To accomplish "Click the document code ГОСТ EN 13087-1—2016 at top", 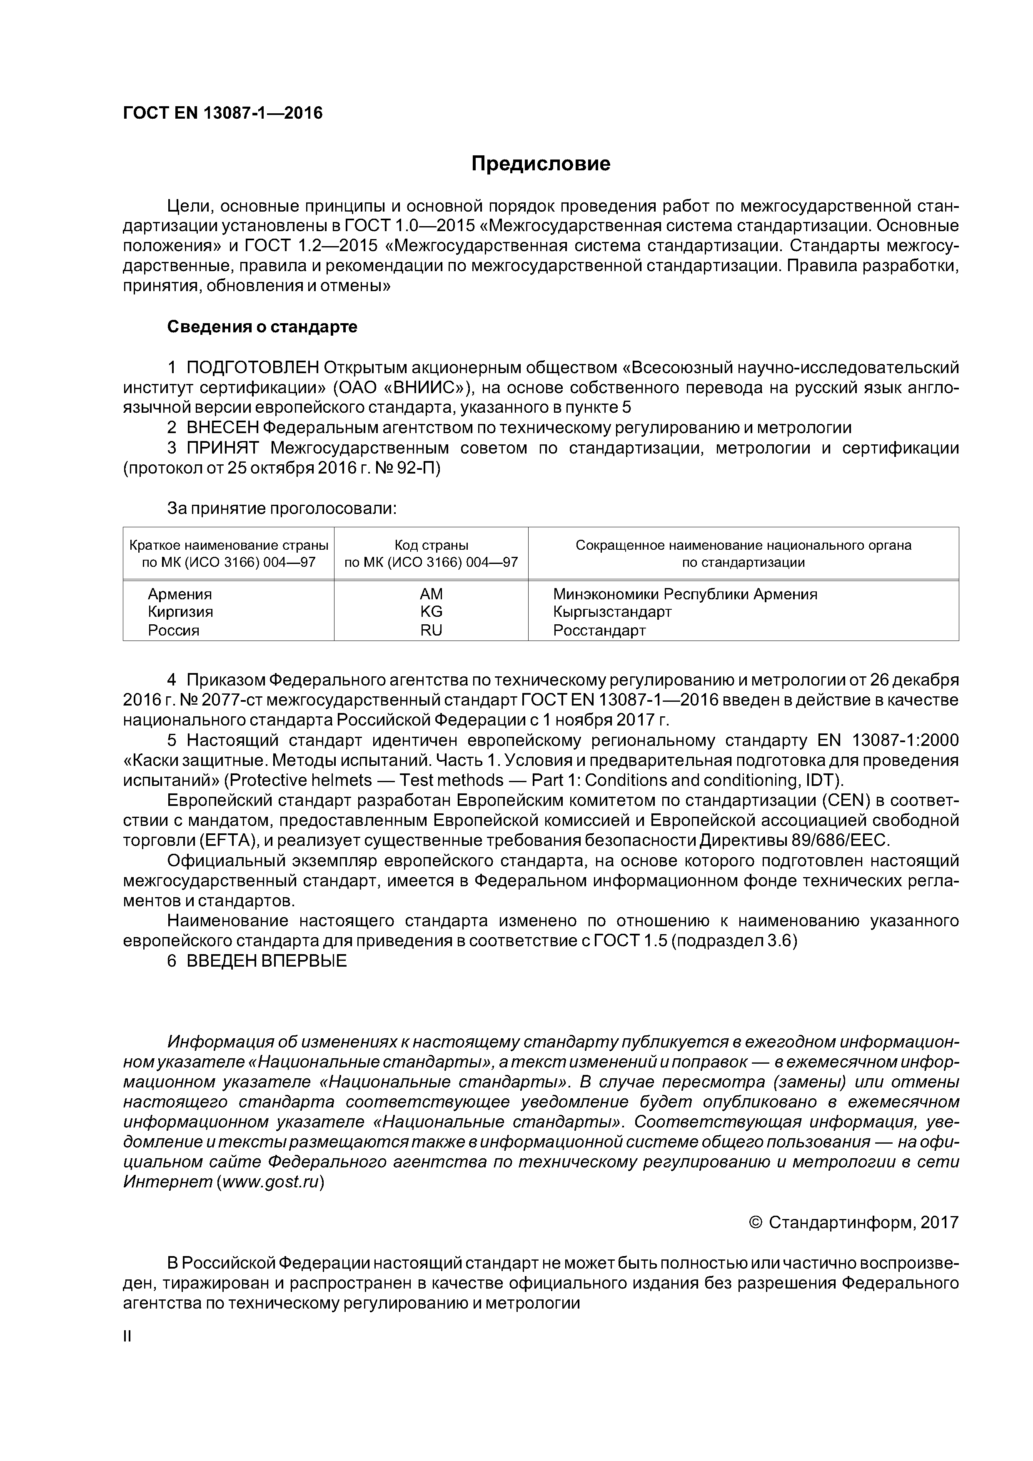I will coord(223,113).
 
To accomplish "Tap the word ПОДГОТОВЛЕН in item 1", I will coord(253,368).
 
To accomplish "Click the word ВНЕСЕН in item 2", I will coord(223,428).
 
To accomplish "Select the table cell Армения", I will coord(180,594).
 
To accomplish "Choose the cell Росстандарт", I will coord(599,631).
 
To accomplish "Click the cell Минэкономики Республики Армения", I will coord(685,594).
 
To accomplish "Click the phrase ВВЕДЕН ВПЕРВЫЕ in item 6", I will coord(267,962).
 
